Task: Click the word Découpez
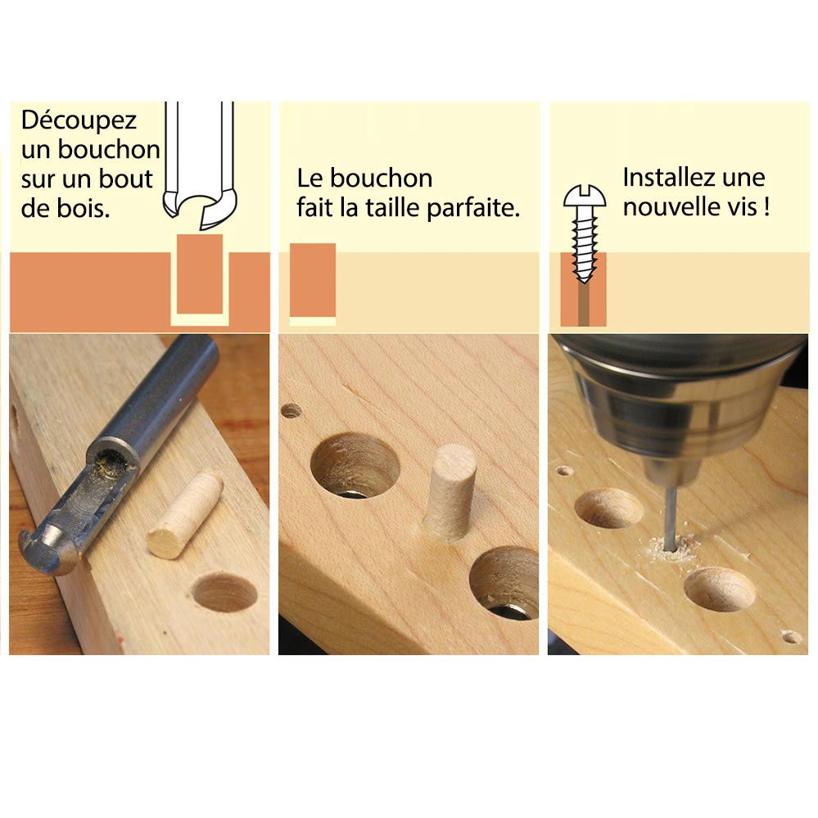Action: pyautogui.click(x=79, y=121)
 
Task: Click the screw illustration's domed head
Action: pyautogui.click(x=585, y=197)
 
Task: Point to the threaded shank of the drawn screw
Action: pyautogui.click(x=585, y=242)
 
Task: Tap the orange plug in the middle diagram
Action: pyautogui.click(x=312, y=278)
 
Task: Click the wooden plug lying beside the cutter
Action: pyautogui.click(x=184, y=514)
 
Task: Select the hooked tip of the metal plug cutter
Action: pyautogui.click(x=49, y=553)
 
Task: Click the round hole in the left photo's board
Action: pyautogui.click(x=224, y=591)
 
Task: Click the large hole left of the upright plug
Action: pyautogui.click(x=355, y=466)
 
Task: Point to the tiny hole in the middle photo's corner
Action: pyautogui.click(x=291, y=410)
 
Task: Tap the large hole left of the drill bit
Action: pyautogui.click(x=608, y=508)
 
